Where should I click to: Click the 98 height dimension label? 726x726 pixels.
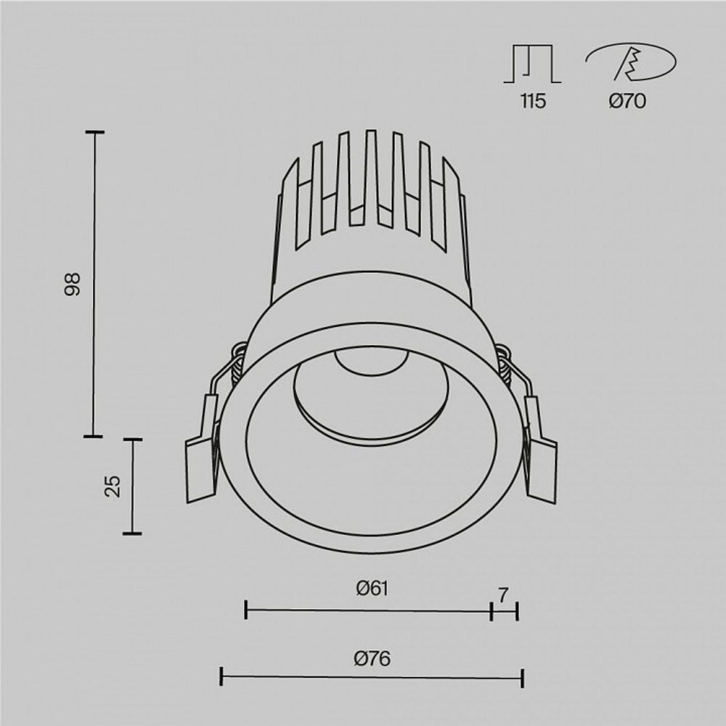point(71,284)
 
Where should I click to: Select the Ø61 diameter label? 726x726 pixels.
point(372,589)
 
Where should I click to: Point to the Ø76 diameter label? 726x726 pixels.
point(372,658)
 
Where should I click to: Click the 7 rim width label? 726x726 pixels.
point(502,595)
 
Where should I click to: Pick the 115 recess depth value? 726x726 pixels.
point(532,102)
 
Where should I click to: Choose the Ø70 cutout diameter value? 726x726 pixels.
point(627,102)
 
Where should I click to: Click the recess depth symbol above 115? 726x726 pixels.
point(532,64)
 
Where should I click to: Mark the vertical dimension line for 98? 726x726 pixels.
point(94,284)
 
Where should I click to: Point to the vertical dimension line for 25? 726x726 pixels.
point(132,486)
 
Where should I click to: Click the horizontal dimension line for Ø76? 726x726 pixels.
point(372,677)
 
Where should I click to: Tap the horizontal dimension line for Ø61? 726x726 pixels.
point(369,611)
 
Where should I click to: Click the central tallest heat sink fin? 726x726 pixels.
point(371,174)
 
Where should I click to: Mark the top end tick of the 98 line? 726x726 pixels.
point(94,132)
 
